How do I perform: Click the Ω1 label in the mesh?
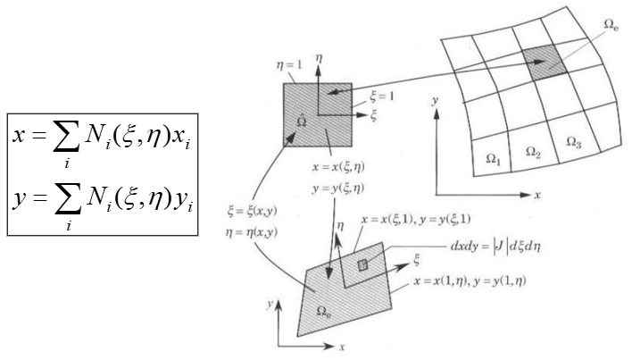tap(493, 158)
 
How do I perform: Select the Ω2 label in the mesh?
tap(534, 155)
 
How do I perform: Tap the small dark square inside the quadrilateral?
tap(363, 265)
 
